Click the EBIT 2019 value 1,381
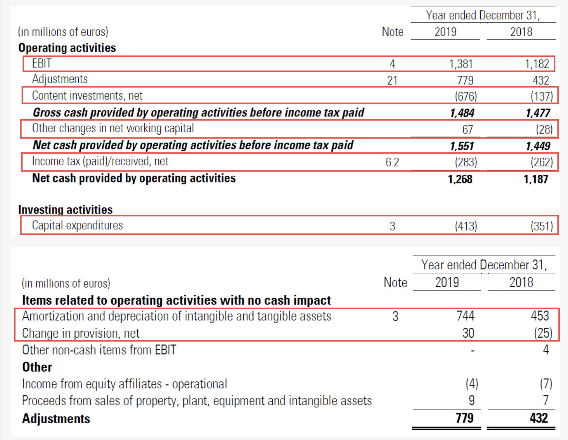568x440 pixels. (x=461, y=64)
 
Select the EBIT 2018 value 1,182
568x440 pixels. (x=537, y=64)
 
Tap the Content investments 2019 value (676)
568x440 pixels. (x=466, y=96)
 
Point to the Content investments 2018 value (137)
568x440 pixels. (x=542, y=96)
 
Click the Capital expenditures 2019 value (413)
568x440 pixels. (x=466, y=226)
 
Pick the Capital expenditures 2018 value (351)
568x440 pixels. (x=542, y=226)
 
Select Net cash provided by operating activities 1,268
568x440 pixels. (x=460, y=179)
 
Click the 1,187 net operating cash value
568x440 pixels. (x=536, y=179)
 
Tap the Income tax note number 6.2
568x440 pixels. (x=392, y=162)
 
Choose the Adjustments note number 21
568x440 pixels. (x=392, y=80)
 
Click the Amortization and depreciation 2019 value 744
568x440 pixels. (x=466, y=316)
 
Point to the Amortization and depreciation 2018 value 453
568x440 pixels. (x=540, y=316)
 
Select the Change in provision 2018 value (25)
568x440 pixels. (x=543, y=333)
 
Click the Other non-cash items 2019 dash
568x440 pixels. (x=472, y=350)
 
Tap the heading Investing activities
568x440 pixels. (x=65, y=209)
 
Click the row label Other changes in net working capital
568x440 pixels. (x=113, y=128)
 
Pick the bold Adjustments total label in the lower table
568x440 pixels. (x=56, y=419)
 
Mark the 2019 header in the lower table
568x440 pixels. (x=447, y=283)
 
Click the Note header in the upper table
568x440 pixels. (x=392, y=32)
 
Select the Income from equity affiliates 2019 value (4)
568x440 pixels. (x=472, y=384)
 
